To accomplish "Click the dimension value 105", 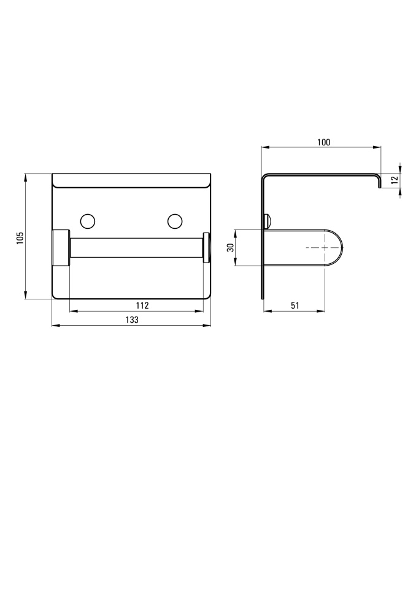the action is (x=20, y=238).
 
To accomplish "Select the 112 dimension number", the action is (x=142, y=306).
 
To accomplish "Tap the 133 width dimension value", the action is (x=132, y=320).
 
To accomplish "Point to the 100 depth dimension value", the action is (x=323, y=142).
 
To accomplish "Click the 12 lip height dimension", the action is (x=394, y=180).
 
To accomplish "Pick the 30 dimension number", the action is (x=231, y=247).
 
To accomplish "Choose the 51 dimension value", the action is (x=295, y=306).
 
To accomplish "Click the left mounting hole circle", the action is (x=88, y=221).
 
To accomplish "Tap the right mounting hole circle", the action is (x=175, y=221).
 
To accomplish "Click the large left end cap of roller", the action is (x=61, y=247).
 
